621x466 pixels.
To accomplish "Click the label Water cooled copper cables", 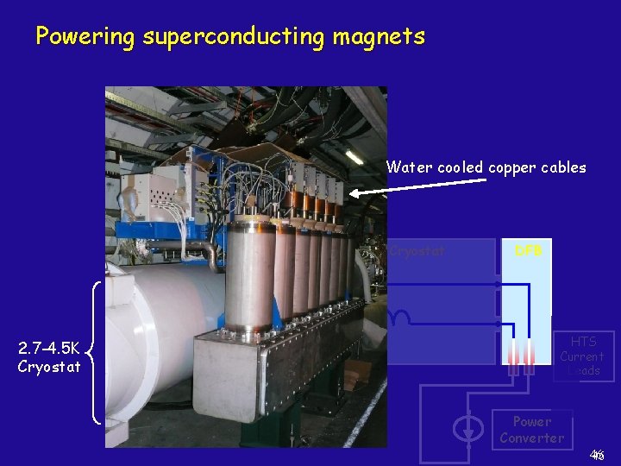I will [486, 167].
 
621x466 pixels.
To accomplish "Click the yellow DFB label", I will [527, 251].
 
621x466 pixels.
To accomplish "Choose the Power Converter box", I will [531, 429].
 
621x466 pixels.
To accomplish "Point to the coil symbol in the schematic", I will [400, 316].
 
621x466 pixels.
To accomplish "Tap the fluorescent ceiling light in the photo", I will [354, 156].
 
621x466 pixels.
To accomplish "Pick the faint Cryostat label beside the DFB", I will [417, 252].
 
